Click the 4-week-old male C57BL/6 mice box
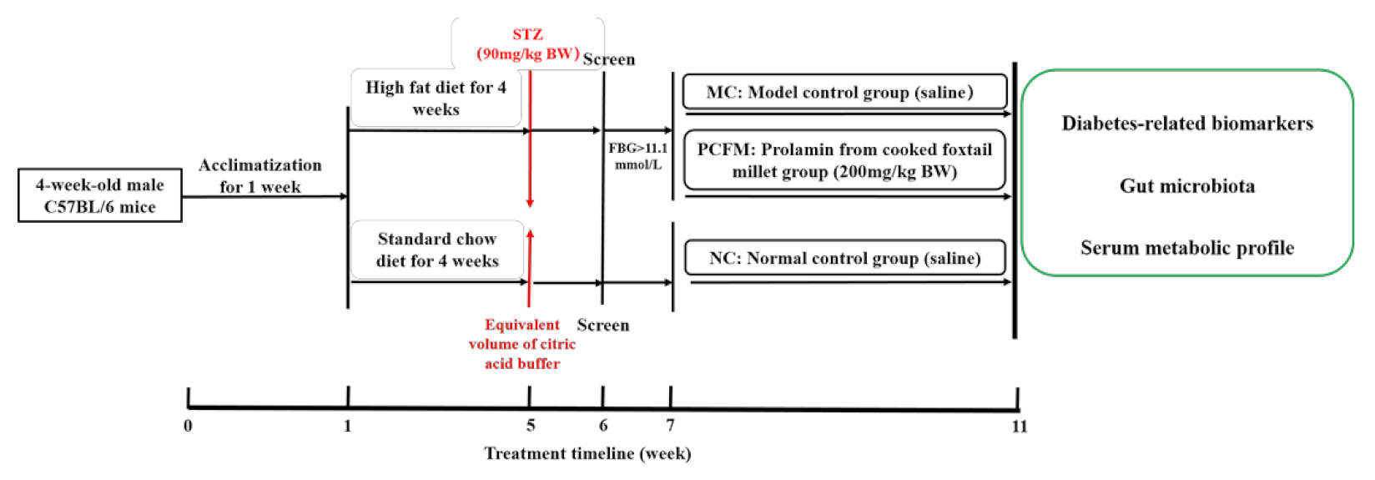pos(100,195)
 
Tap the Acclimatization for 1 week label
pos(259,175)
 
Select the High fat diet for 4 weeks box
pos(436,98)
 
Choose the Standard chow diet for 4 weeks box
pos(437,250)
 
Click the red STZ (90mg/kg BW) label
pos(527,44)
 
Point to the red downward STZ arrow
pos(530,142)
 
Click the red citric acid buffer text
pos(522,344)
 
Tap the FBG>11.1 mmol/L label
pos(637,156)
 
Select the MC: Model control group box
pos(844,92)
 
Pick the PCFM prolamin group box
pos(844,160)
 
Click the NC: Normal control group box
pos(844,258)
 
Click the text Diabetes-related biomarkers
pos(1186,124)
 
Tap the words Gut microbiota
pos(1186,186)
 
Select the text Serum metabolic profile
pos(1186,248)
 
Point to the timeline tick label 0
pos(188,426)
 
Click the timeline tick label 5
pos(531,426)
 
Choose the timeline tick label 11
pos(1020,427)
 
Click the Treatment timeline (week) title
pos(587,453)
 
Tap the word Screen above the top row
pos(609,59)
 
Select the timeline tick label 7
pos(670,426)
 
